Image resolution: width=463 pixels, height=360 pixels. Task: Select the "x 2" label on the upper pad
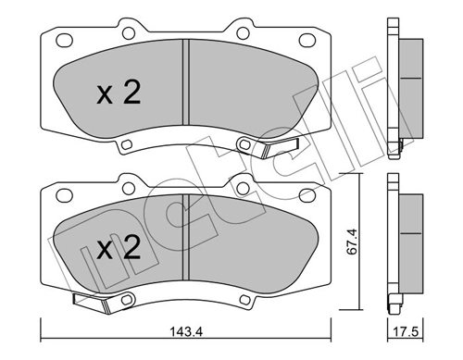pyautogui.click(x=119, y=93)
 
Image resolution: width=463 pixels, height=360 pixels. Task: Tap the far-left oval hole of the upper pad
pyautogui.click(x=64, y=41)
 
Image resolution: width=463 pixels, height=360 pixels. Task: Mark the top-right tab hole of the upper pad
pyautogui.click(x=242, y=32)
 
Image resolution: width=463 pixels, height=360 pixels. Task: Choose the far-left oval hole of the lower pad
pyautogui.click(x=65, y=195)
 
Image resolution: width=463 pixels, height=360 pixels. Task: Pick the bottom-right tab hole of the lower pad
pyautogui.click(x=244, y=296)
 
